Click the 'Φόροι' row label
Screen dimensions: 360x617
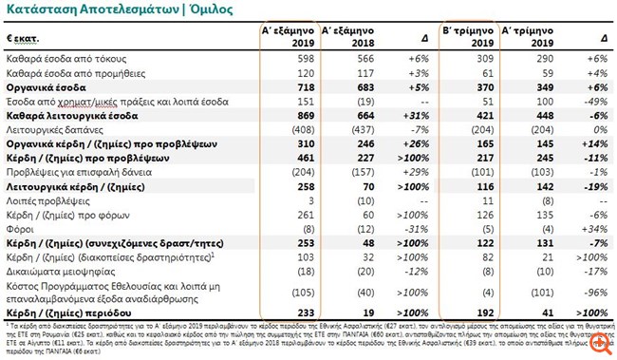(x=21, y=228)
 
